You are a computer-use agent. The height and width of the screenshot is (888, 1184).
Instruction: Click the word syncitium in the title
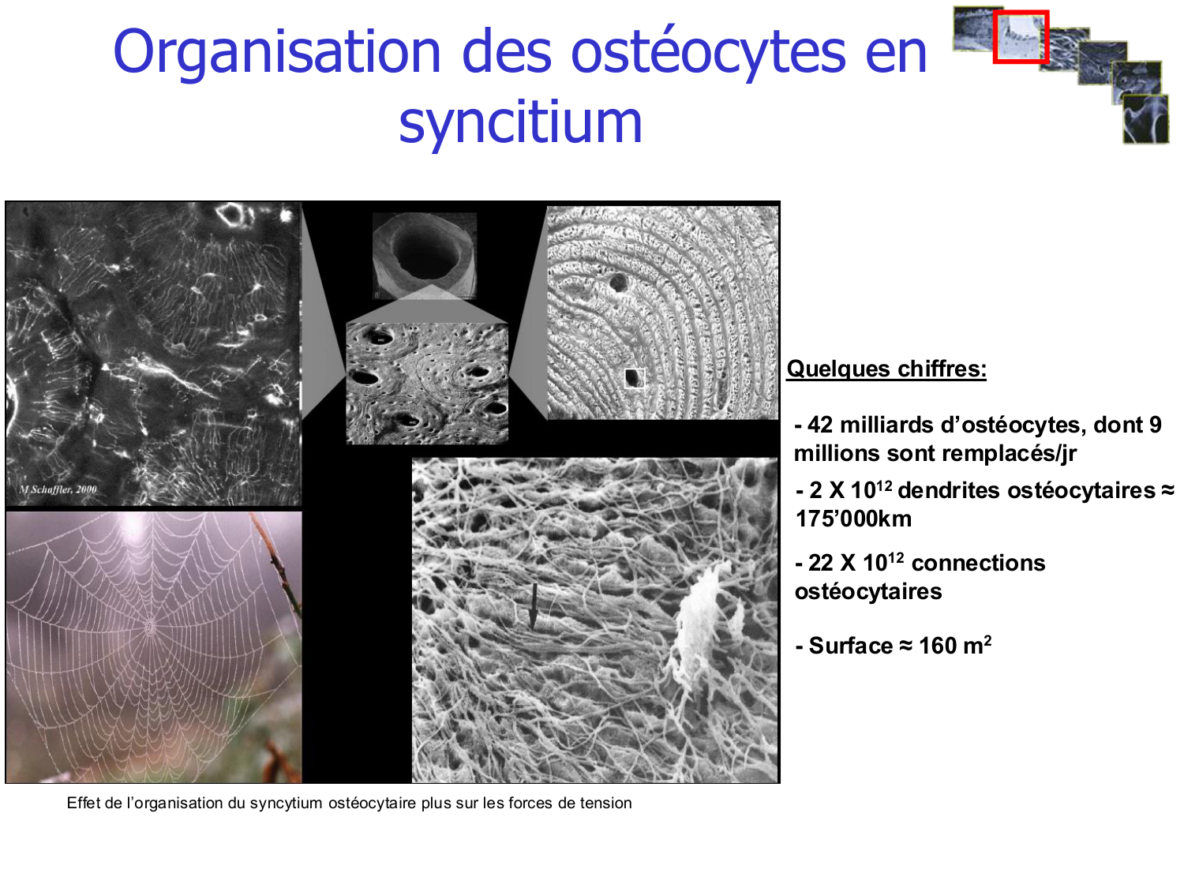pos(520,122)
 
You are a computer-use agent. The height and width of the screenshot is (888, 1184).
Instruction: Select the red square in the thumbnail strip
pos(1020,36)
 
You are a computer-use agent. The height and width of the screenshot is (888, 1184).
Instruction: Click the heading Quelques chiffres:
pos(886,369)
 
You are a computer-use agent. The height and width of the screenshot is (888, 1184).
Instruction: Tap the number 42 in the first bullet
pos(820,425)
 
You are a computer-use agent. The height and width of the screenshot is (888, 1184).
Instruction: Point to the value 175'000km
pos(853,519)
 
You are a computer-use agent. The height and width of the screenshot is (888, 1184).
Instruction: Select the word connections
pos(978,563)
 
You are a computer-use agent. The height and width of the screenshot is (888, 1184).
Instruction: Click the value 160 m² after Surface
pos(955,646)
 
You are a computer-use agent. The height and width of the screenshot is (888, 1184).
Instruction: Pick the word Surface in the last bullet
pos(851,646)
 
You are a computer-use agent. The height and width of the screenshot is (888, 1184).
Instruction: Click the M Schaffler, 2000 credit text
pos(58,489)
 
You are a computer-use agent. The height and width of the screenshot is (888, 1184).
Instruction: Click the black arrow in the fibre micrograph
pos(533,606)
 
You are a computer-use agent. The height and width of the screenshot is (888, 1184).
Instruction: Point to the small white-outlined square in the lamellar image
pos(634,378)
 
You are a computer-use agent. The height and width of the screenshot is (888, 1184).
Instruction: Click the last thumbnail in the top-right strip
pos(1145,119)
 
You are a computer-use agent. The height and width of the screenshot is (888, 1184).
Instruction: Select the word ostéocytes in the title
pos(708,52)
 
